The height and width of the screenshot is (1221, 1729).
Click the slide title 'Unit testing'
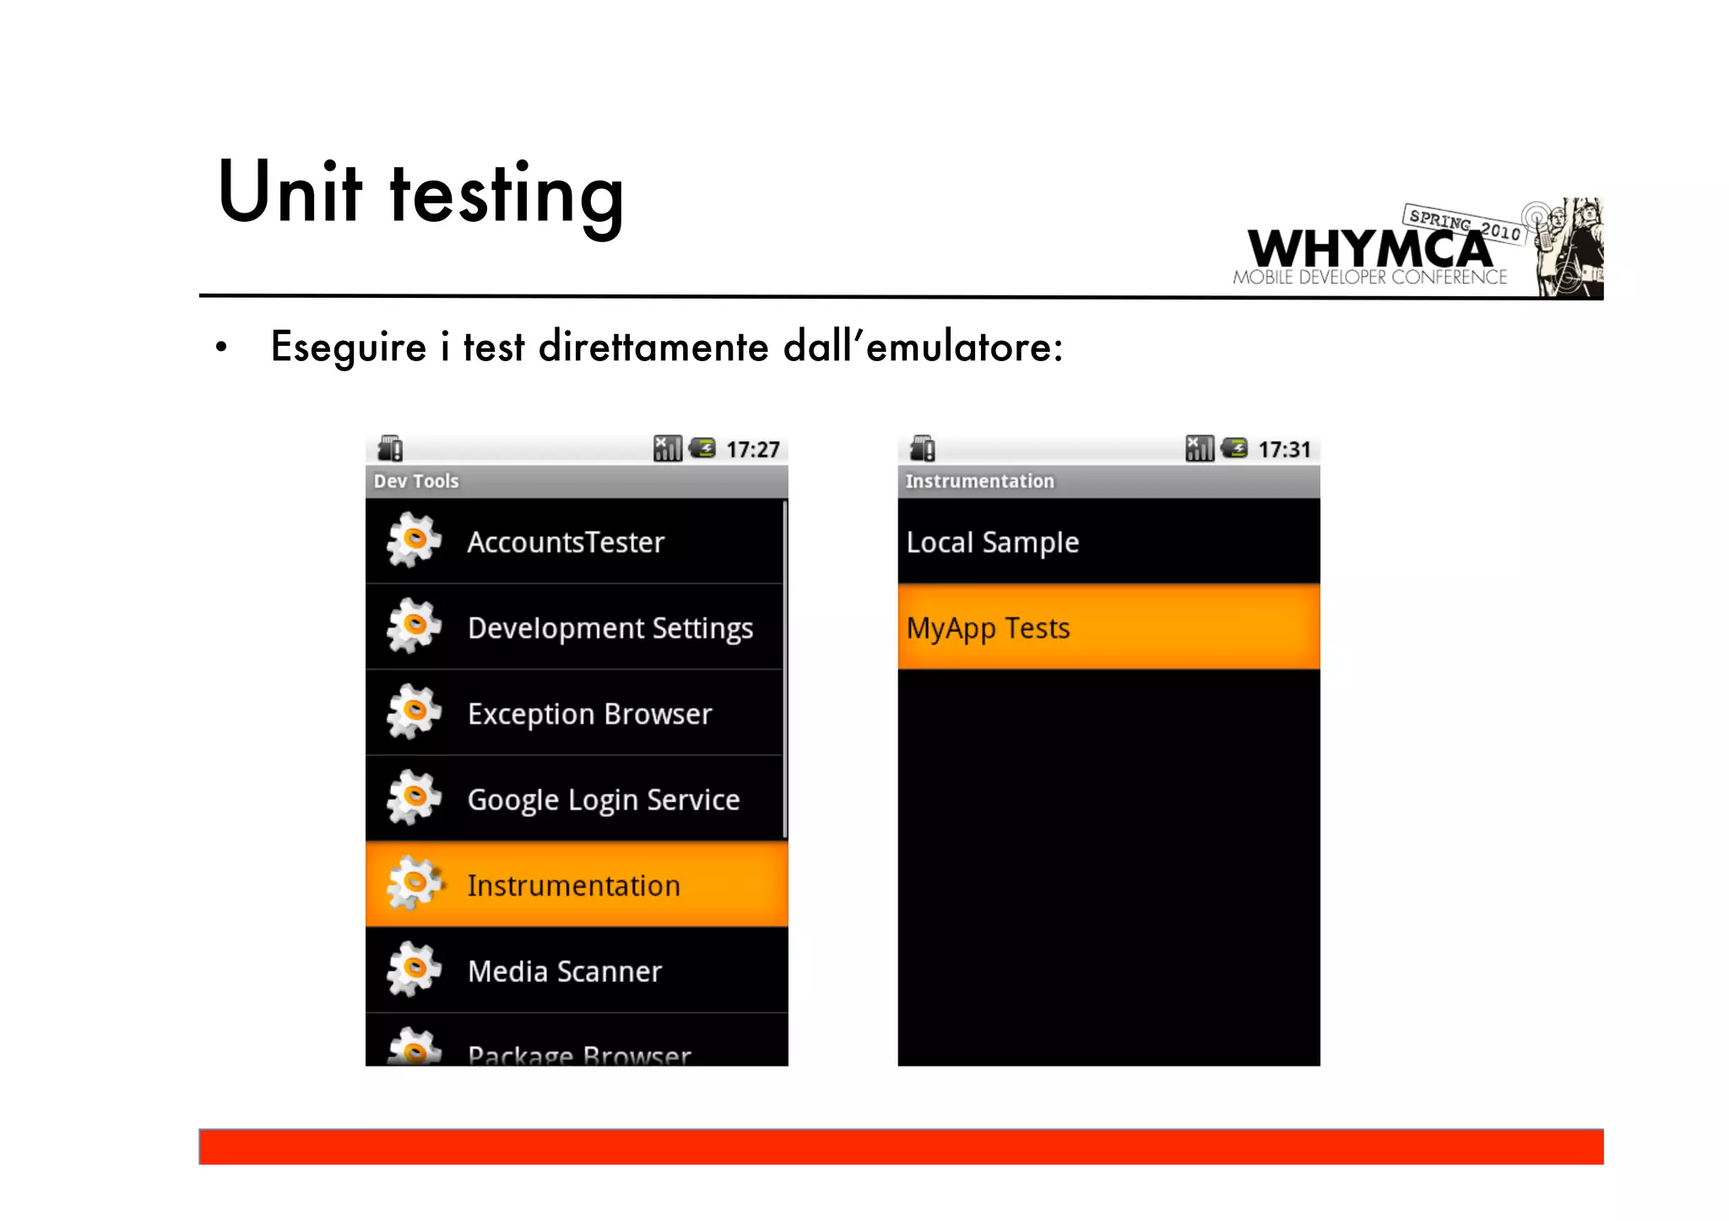pos(420,194)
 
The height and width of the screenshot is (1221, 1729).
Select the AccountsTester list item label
pos(566,543)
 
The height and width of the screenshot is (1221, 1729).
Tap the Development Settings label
pos(610,629)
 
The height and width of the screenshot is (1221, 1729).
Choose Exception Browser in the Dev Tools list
pos(589,715)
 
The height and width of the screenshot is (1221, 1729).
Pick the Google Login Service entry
pos(603,800)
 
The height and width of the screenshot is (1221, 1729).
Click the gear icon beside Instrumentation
pos(414,883)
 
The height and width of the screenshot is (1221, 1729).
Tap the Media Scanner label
pos(565,972)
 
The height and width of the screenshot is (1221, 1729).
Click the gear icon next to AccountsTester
pos(414,541)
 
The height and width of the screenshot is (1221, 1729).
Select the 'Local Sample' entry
pos(992,543)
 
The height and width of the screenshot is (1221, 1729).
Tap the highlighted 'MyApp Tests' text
pos(988,629)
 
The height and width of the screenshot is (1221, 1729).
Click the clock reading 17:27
pos(752,450)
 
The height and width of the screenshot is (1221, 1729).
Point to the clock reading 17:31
pos(1284,450)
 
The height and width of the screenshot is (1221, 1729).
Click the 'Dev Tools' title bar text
pos(416,482)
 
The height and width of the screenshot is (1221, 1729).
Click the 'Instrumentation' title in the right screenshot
pos(979,482)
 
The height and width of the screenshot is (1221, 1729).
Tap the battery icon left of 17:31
pos(1234,448)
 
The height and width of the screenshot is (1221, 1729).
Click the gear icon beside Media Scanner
pos(414,970)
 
